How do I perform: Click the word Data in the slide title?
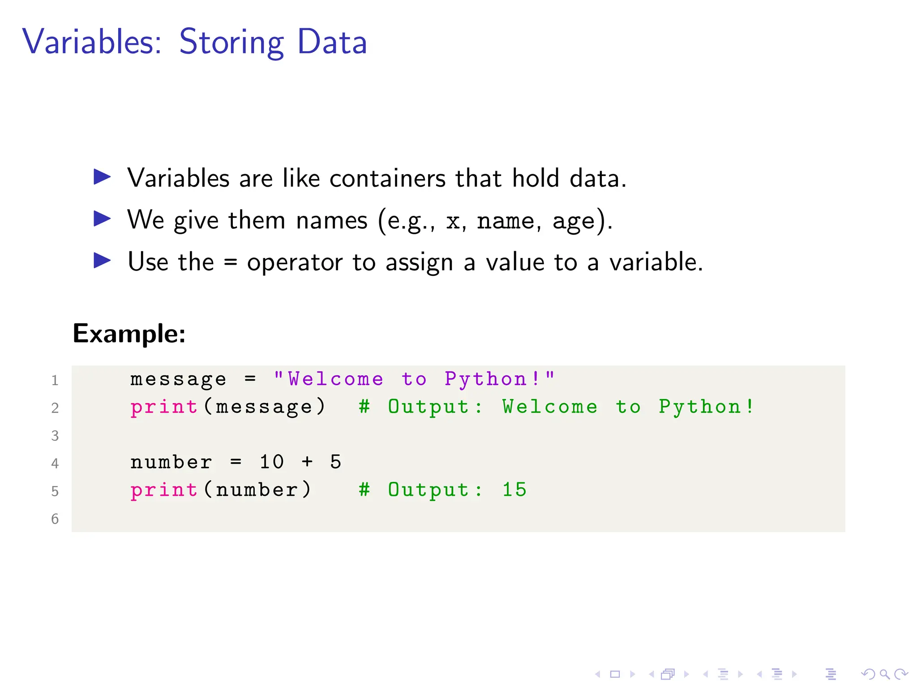pyautogui.click(x=332, y=42)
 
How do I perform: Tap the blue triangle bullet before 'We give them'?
pyautogui.click(x=102, y=219)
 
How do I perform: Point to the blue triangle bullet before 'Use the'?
pyautogui.click(x=102, y=261)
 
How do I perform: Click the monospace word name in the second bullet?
pyautogui.click(x=506, y=221)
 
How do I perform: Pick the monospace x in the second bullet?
pyautogui.click(x=453, y=221)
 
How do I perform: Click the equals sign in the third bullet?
pyautogui.click(x=230, y=262)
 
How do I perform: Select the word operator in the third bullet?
pyautogui.click(x=294, y=263)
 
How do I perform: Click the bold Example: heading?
pyautogui.click(x=129, y=334)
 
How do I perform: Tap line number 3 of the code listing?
pyautogui.click(x=55, y=436)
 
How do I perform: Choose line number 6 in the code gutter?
pyautogui.click(x=55, y=519)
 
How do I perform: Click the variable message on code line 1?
pyautogui.click(x=178, y=379)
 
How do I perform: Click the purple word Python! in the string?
pyautogui.click(x=493, y=379)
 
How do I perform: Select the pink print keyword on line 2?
pyautogui.click(x=164, y=407)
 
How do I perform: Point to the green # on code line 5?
pyautogui.click(x=364, y=490)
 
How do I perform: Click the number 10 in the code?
pyautogui.click(x=272, y=462)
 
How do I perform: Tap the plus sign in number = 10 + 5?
pyautogui.click(x=307, y=462)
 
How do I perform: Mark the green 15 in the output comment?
pyautogui.click(x=514, y=490)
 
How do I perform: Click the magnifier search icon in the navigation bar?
pyautogui.click(x=884, y=674)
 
